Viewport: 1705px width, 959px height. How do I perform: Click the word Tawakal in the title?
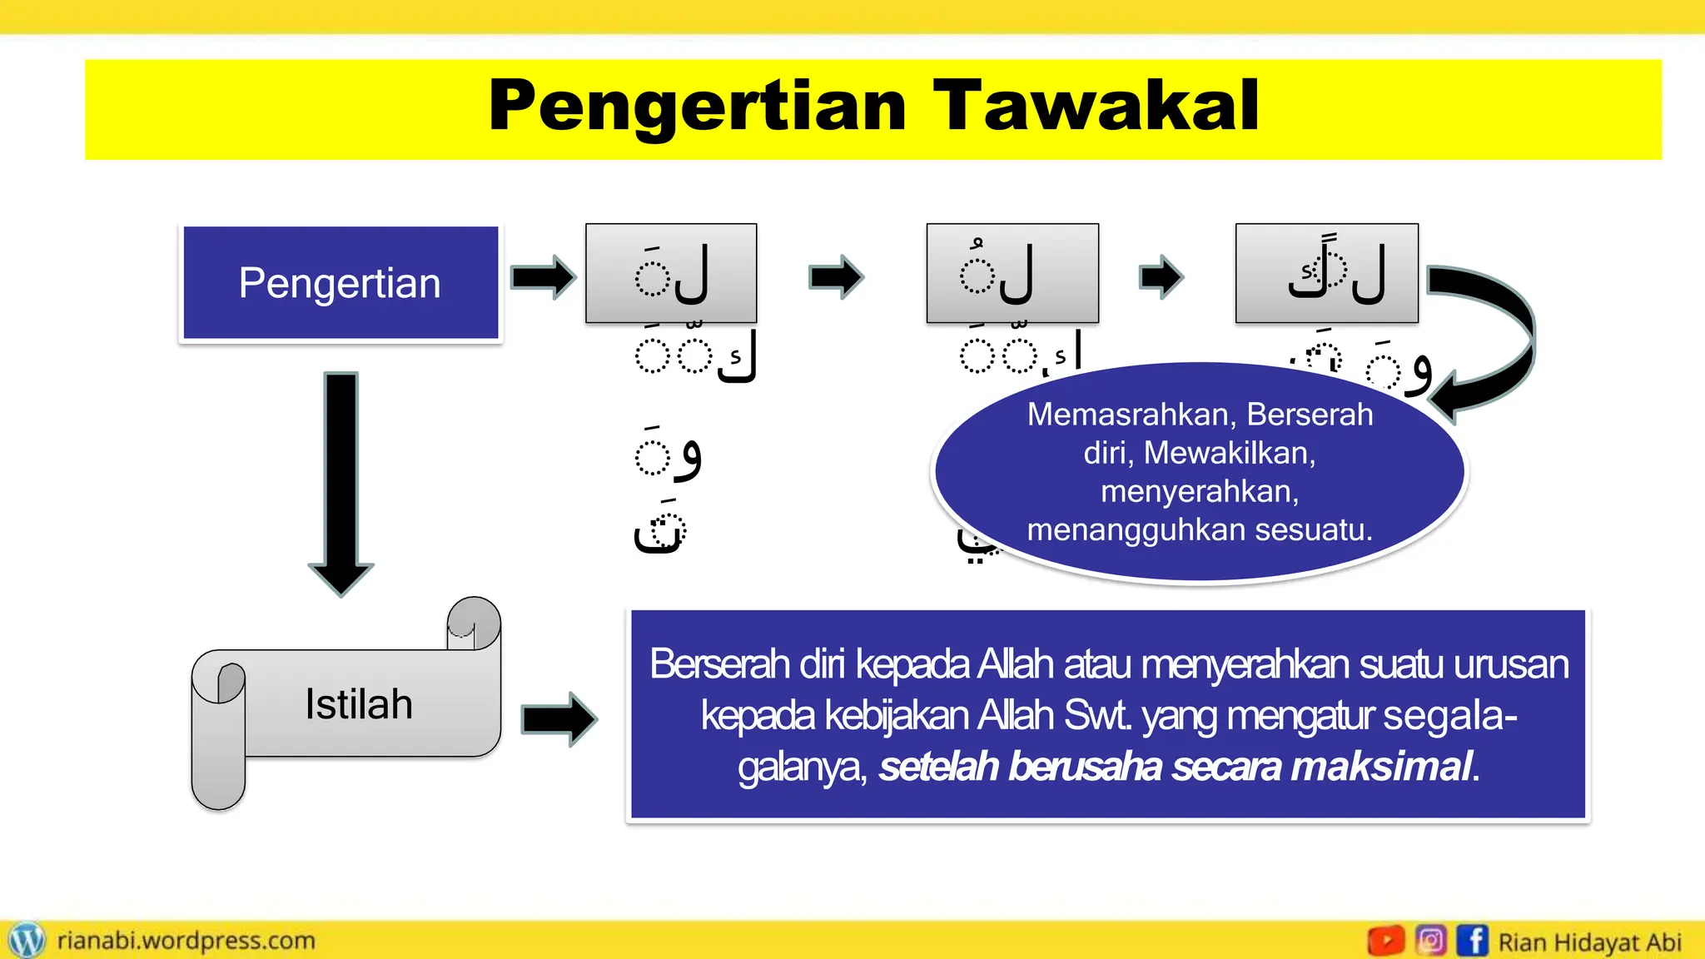point(1096,107)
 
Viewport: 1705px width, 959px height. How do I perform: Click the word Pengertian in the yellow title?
point(698,107)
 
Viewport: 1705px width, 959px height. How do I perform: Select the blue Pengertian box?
point(341,283)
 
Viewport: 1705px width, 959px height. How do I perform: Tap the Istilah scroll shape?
point(358,703)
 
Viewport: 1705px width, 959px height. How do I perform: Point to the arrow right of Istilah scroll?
point(559,718)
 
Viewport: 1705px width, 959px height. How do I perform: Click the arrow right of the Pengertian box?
point(543,277)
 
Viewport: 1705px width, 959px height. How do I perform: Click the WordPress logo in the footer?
point(27,941)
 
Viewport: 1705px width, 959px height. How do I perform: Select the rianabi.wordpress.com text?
point(186,941)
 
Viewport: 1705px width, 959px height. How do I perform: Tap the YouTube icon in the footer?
point(1386,942)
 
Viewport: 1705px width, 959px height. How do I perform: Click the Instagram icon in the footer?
point(1430,942)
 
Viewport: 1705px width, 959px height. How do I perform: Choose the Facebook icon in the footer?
point(1472,942)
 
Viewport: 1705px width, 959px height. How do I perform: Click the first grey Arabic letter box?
point(671,273)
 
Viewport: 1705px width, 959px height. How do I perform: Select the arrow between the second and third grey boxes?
point(1161,276)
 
